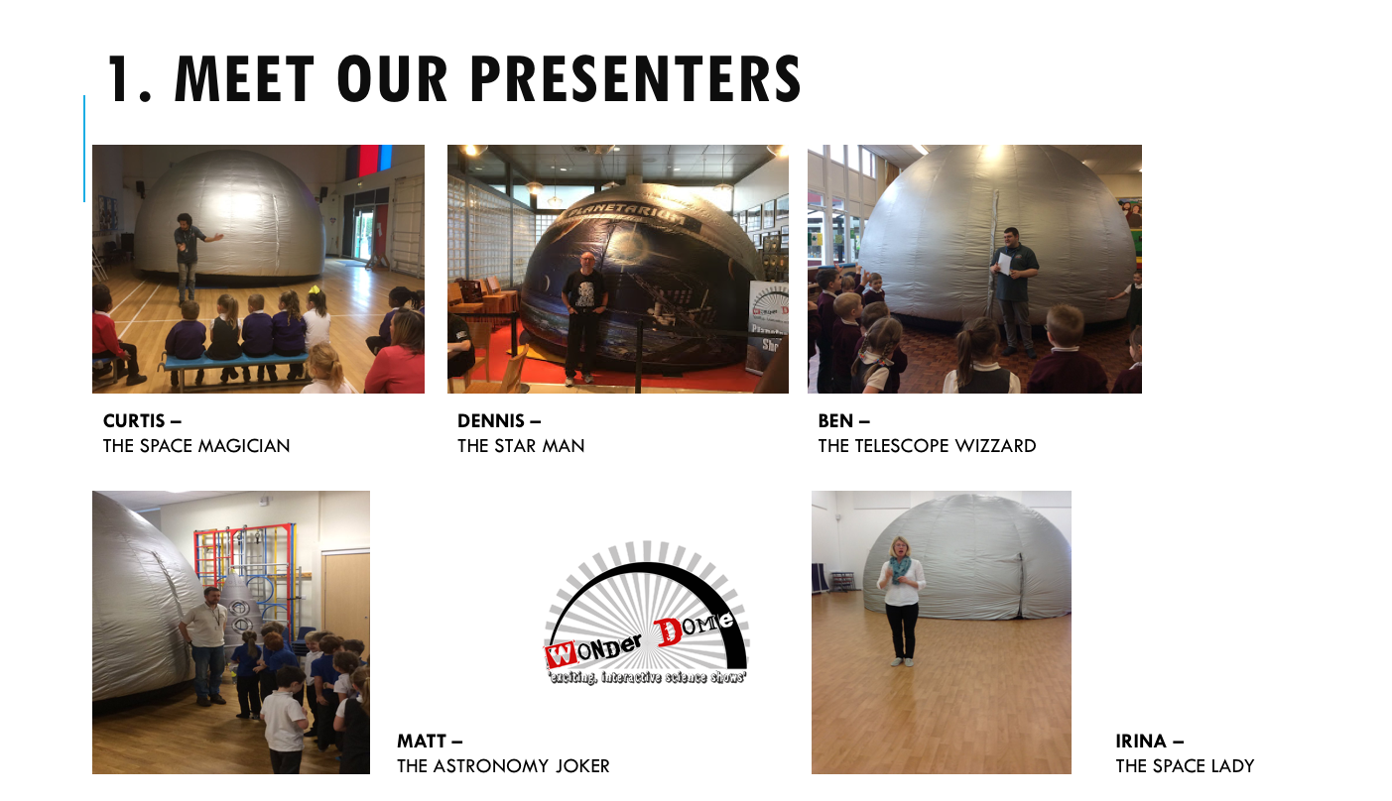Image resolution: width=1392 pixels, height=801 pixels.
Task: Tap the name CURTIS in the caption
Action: (x=134, y=421)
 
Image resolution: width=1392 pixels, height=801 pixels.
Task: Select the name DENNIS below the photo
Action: (x=491, y=421)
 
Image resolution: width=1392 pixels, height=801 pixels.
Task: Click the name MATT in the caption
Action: (x=422, y=741)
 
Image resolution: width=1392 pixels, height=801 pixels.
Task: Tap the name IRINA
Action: (x=1141, y=741)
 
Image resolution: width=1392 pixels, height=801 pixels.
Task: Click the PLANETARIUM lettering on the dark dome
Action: (x=628, y=215)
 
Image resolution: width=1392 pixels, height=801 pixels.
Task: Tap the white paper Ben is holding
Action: (x=1005, y=264)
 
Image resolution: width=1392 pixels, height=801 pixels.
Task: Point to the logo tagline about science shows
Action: (x=647, y=677)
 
